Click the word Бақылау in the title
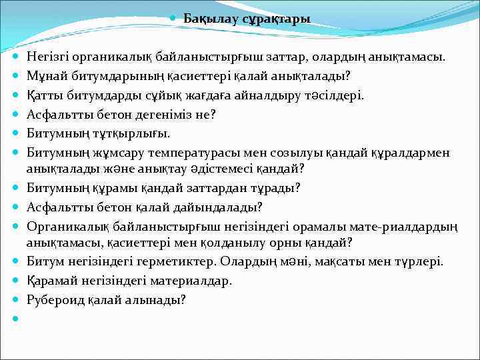[207, 19]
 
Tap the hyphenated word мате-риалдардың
[399, 226]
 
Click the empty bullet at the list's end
[15, 319]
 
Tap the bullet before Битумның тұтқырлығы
[15, 133]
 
